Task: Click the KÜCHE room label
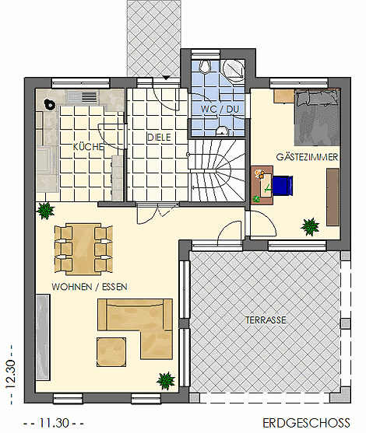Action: click(x=88, y=147)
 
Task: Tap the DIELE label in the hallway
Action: click(x=159, y=138)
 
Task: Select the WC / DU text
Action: click(x=220, y=109)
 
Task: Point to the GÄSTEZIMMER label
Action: click(x=307, y=157)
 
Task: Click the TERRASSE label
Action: click(x=266, y=320)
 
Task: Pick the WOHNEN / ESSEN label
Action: click(x=90, y=287)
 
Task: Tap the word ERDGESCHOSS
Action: click(x=306, y=423)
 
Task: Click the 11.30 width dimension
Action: click(x=55, y=423)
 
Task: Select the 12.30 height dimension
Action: click(x=10, y=374)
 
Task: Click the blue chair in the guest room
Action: click(x=283, y=186)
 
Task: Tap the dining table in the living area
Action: click(x=83, y=249)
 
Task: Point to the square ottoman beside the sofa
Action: click(x=111, y=352)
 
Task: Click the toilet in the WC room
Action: click(x=205, y=67)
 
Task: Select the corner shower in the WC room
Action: click(x=234, y=71)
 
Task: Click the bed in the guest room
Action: click(x=317, y=117)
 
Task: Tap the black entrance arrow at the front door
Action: click(x=166, y=78)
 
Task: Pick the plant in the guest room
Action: click(x=310, y=226)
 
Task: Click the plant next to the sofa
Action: click(x=166, y=381)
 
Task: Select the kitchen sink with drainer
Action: click(x=83, y=97)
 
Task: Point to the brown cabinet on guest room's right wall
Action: click(x=333, y=197)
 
